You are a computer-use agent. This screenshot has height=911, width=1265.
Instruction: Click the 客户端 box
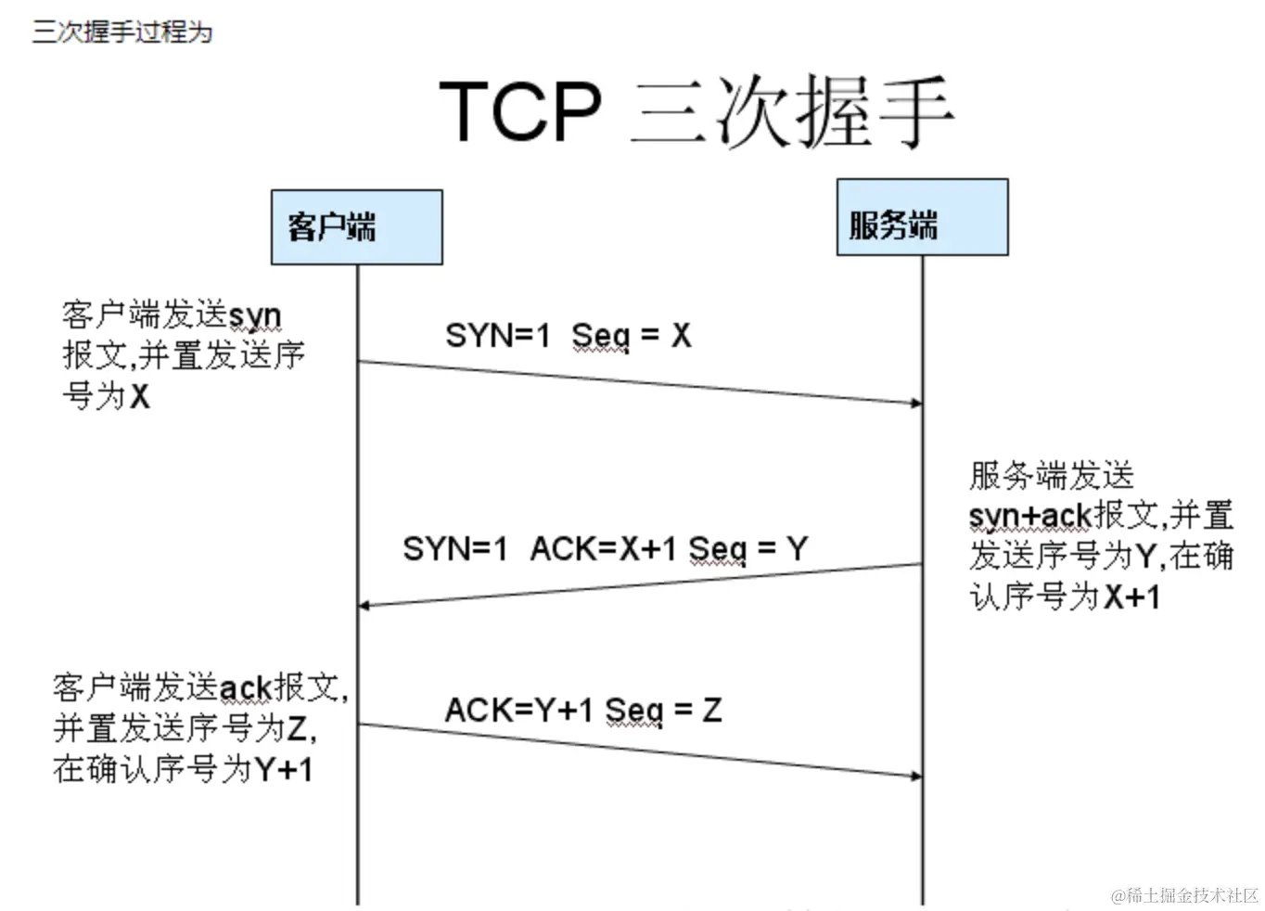coord(356,227)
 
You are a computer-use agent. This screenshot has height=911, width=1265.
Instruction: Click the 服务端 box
coord(922,218)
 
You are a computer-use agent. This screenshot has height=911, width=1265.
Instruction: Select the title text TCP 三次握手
coord(696,110)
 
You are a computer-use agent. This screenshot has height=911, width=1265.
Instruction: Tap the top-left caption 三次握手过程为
coord(122,32)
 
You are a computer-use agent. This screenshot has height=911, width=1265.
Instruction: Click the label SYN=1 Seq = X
coord(568,335)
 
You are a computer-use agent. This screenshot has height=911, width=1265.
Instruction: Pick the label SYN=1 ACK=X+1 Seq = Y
coord(605,548)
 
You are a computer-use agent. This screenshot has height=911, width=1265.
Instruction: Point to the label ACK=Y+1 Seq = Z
coord(582,710)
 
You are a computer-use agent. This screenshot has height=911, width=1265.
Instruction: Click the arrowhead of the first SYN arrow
coord(916,403)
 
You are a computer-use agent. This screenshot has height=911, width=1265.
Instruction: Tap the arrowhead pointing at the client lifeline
coord(364,606)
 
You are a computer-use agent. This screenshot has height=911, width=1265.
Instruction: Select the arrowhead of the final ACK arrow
coord(916,776)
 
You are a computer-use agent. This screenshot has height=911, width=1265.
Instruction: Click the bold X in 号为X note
coord(139,397)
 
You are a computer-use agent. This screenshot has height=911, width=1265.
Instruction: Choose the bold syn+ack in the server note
coord(1029,515)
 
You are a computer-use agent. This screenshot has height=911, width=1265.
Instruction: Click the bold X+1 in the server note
coord(1131,597)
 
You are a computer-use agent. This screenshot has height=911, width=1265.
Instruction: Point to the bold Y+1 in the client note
coord(284,769)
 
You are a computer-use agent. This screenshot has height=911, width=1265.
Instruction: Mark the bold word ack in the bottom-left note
coord(246,687)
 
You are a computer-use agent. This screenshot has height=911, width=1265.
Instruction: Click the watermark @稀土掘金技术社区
coord(1184,895)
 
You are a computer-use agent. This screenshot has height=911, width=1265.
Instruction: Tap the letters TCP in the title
coord(519,110)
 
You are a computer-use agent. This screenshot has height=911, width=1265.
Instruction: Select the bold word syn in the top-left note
coord(254,316)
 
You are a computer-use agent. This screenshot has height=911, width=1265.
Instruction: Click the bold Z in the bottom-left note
coord(296,728)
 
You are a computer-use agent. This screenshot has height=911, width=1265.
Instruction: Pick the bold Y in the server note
coord(1145,556)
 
